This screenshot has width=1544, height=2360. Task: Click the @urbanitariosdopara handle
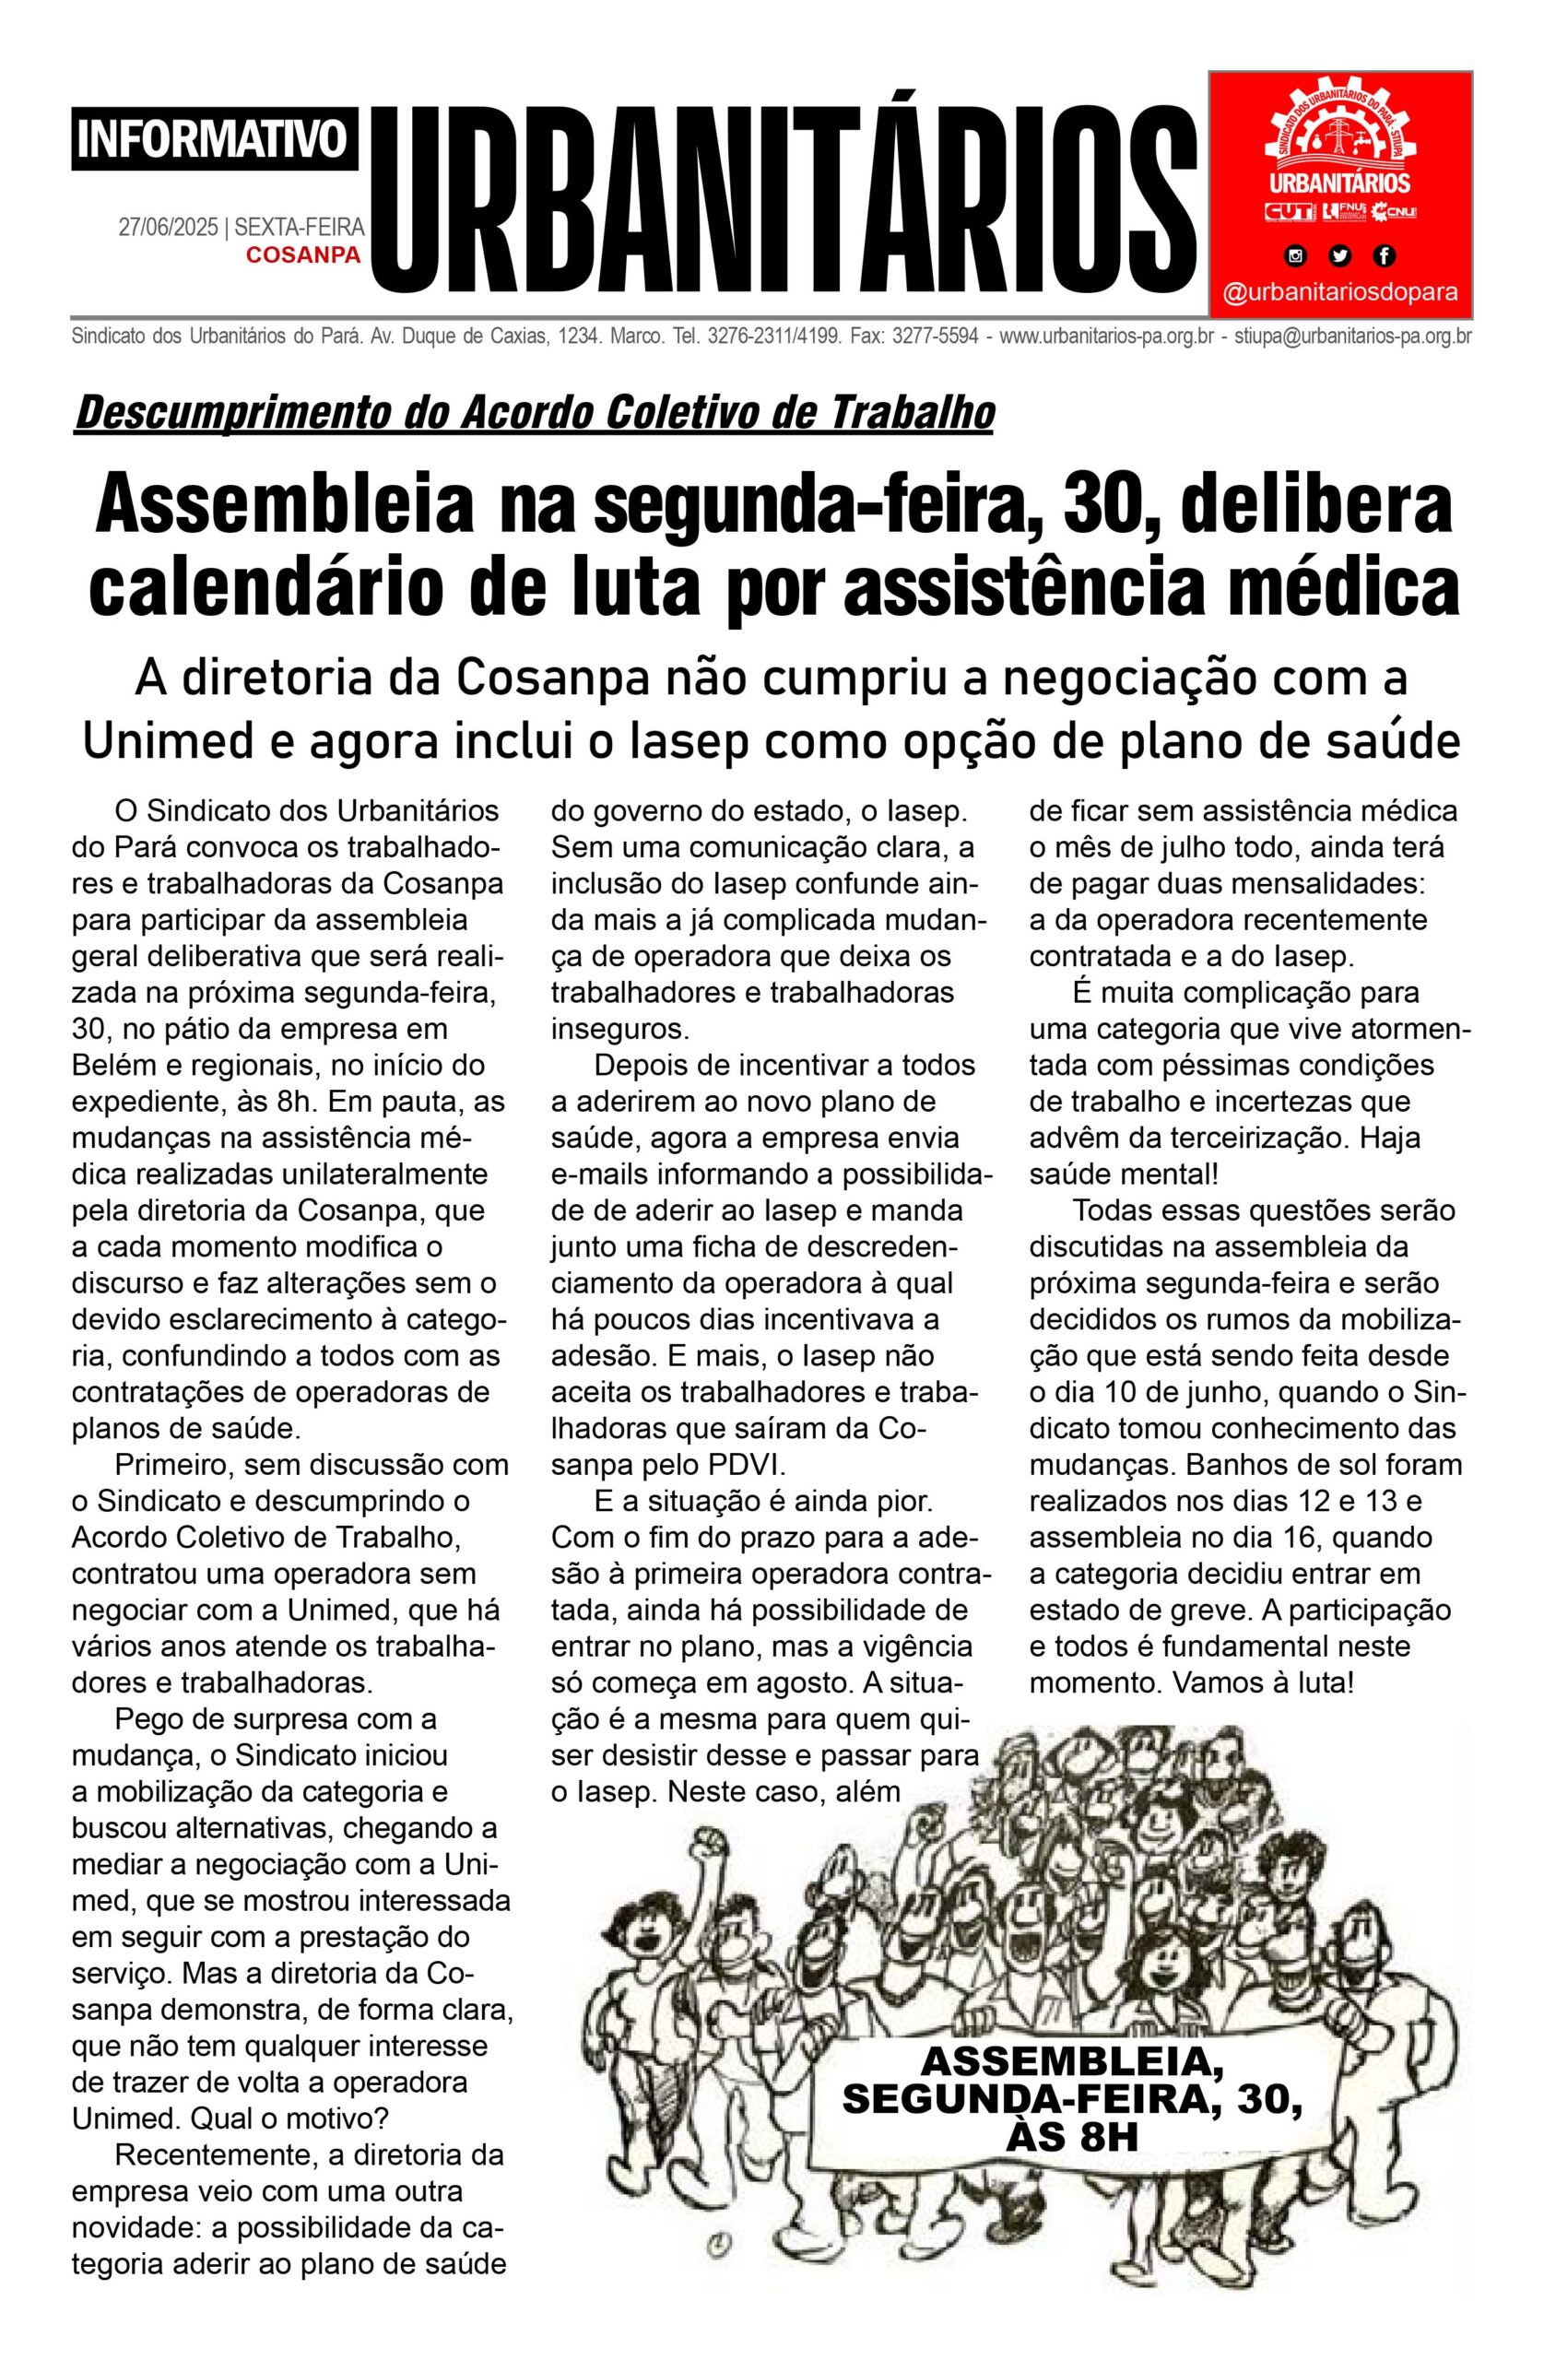[1340, 293]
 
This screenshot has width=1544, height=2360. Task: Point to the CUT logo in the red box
[1291, 212]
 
